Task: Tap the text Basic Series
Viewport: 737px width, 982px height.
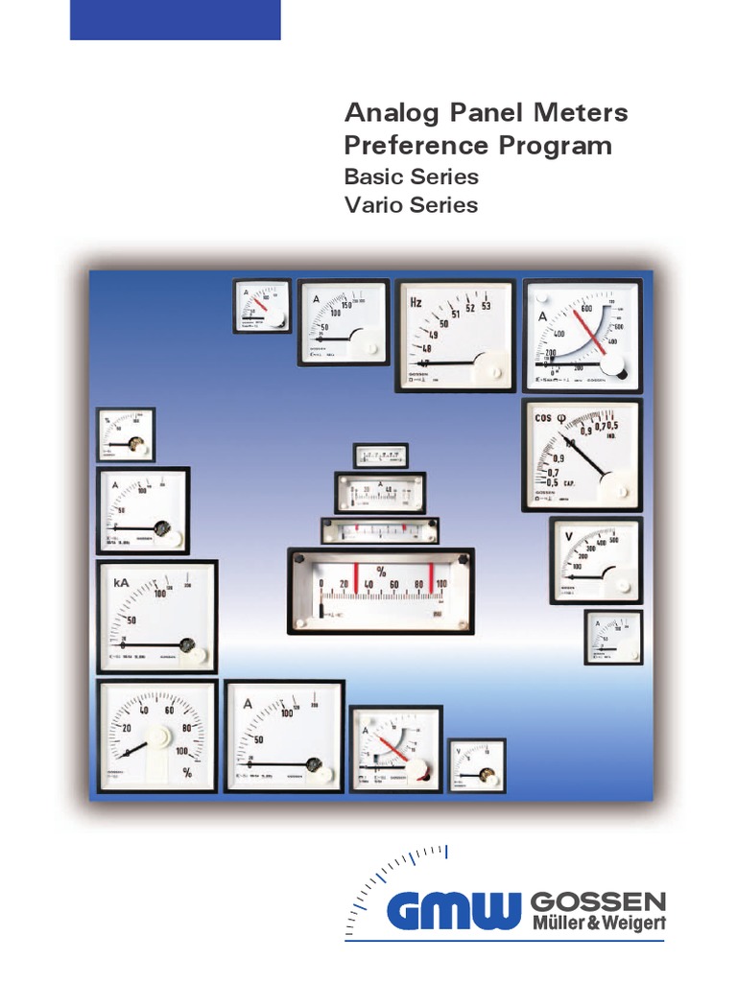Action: click(x=411, y=177)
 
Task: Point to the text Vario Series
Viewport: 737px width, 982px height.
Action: click(x=411, y=205)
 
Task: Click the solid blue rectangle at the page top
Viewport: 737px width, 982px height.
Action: click(x=176, y=20)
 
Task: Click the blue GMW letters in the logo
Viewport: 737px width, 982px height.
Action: click(x=454, y=910)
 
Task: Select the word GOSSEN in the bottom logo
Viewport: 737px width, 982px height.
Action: click(x=597, y=901)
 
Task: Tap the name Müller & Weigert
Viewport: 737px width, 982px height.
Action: click(x=597, y=924)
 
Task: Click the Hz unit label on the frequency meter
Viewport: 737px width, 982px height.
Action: click(x=417, y=300)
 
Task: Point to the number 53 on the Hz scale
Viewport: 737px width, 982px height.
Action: click(x=486, y=307)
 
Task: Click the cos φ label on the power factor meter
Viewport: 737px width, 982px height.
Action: click(x=556, y=418)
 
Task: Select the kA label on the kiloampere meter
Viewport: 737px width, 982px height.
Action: click(x=122, y=582)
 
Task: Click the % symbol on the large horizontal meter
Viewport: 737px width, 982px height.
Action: click(x=381, y=572)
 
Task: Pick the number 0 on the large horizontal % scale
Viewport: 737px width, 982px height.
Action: click(x=321, y=583)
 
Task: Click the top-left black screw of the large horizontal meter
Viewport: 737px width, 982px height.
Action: click(x=299, y=559)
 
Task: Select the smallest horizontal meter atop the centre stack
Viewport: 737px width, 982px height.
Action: click(x=381, y=455)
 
